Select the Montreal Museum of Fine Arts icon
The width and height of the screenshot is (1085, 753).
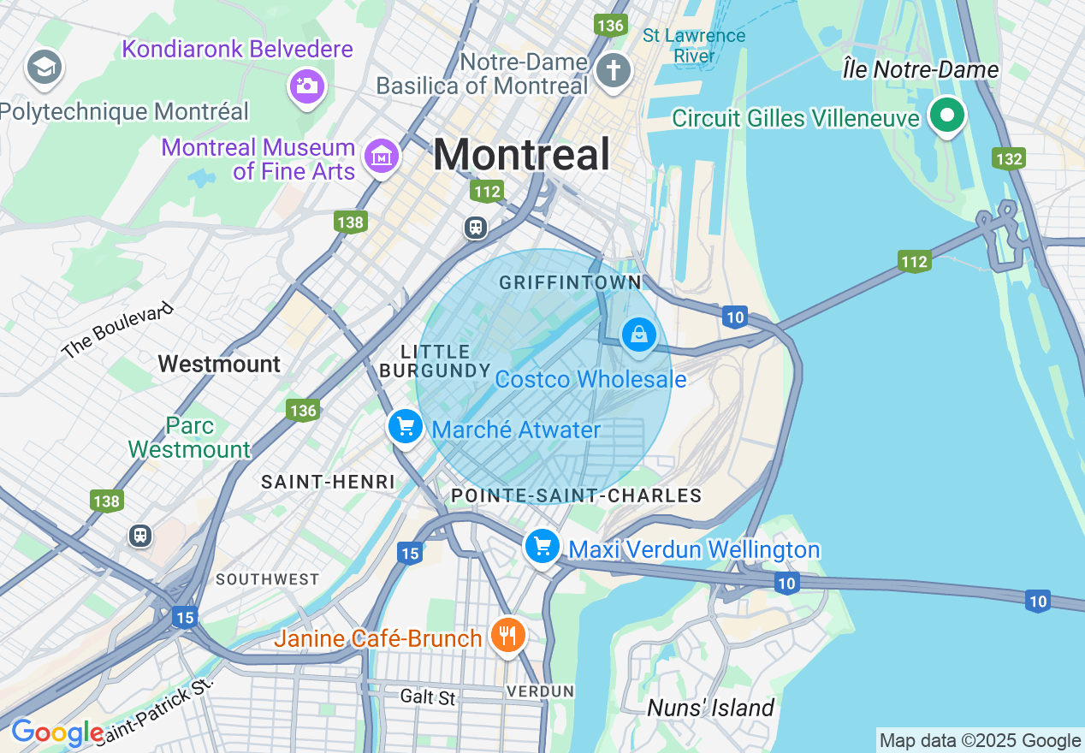pyautogui.click(x=382, y=155)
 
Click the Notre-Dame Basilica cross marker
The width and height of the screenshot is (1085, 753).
pyautogui.click(x=614, y=70)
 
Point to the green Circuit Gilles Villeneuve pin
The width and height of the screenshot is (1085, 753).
pyautogui.click(x=947, y=116)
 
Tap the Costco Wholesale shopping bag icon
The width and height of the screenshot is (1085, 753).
pyautogui.click(x=638, y=335)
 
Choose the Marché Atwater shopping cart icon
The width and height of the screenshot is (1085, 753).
pyautogui.click(x=405, y=425)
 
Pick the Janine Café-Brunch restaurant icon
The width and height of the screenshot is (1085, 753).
pyautogui.click(x=508, y=635)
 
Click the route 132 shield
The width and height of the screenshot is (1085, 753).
pyautogui.click(x=1009, y=159)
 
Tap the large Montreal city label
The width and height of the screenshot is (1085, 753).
pyautogui.click(x=521, y=155)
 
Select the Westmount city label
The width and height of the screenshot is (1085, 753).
pyautogui.click(x=219, y=364)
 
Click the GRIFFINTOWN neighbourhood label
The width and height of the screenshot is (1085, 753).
pyautogui.click(x=570, y=282)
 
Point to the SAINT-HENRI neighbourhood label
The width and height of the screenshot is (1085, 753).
pyautogui.click(x=328, y=482)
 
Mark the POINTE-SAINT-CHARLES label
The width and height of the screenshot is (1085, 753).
pyautogui.click(x=576, y=495)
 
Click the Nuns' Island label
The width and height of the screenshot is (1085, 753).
pyautogui.click(x=710, y=708)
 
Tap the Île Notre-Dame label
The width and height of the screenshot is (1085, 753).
pyautogui.click(x=921, y=69)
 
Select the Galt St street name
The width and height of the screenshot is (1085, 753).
pyautogui.click(x=428, y=697)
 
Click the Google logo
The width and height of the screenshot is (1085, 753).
pyautogui.click(x=56, y=732)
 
